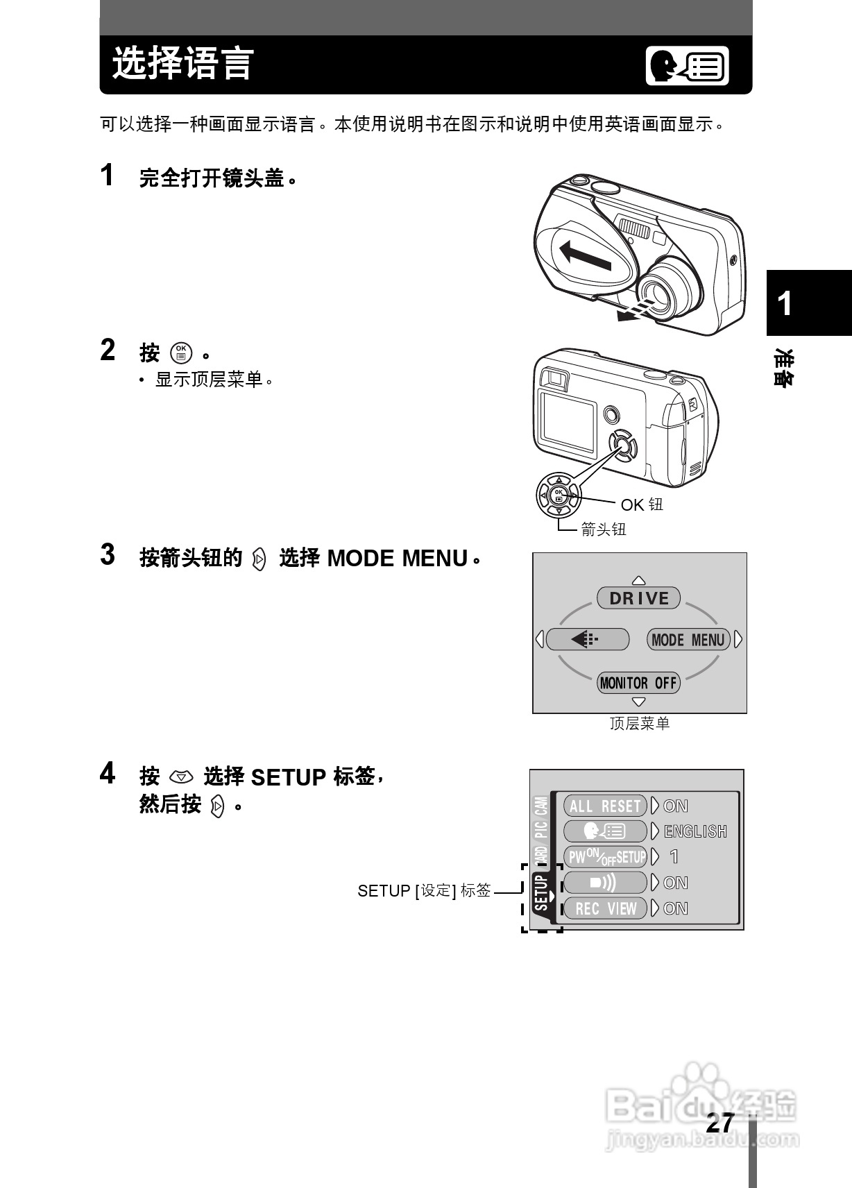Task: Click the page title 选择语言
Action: [183, 64]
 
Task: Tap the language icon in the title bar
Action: [687, 66]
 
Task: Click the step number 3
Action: [108, 555]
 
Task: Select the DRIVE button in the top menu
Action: [638, 598]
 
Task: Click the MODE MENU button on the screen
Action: [688, 640]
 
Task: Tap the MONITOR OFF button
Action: [638, 683]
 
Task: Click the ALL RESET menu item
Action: [605, 806]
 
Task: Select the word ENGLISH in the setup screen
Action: [695, 831]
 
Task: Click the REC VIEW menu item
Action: [605, 908]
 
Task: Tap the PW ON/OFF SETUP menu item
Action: [605, 857]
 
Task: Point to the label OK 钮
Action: [642, 504]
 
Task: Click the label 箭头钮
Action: [603, 529]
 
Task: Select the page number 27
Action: [719, 1123]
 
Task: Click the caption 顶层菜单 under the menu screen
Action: [639, 724]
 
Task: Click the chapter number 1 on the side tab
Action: [785, 304]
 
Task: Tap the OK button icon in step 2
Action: [181, 353]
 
